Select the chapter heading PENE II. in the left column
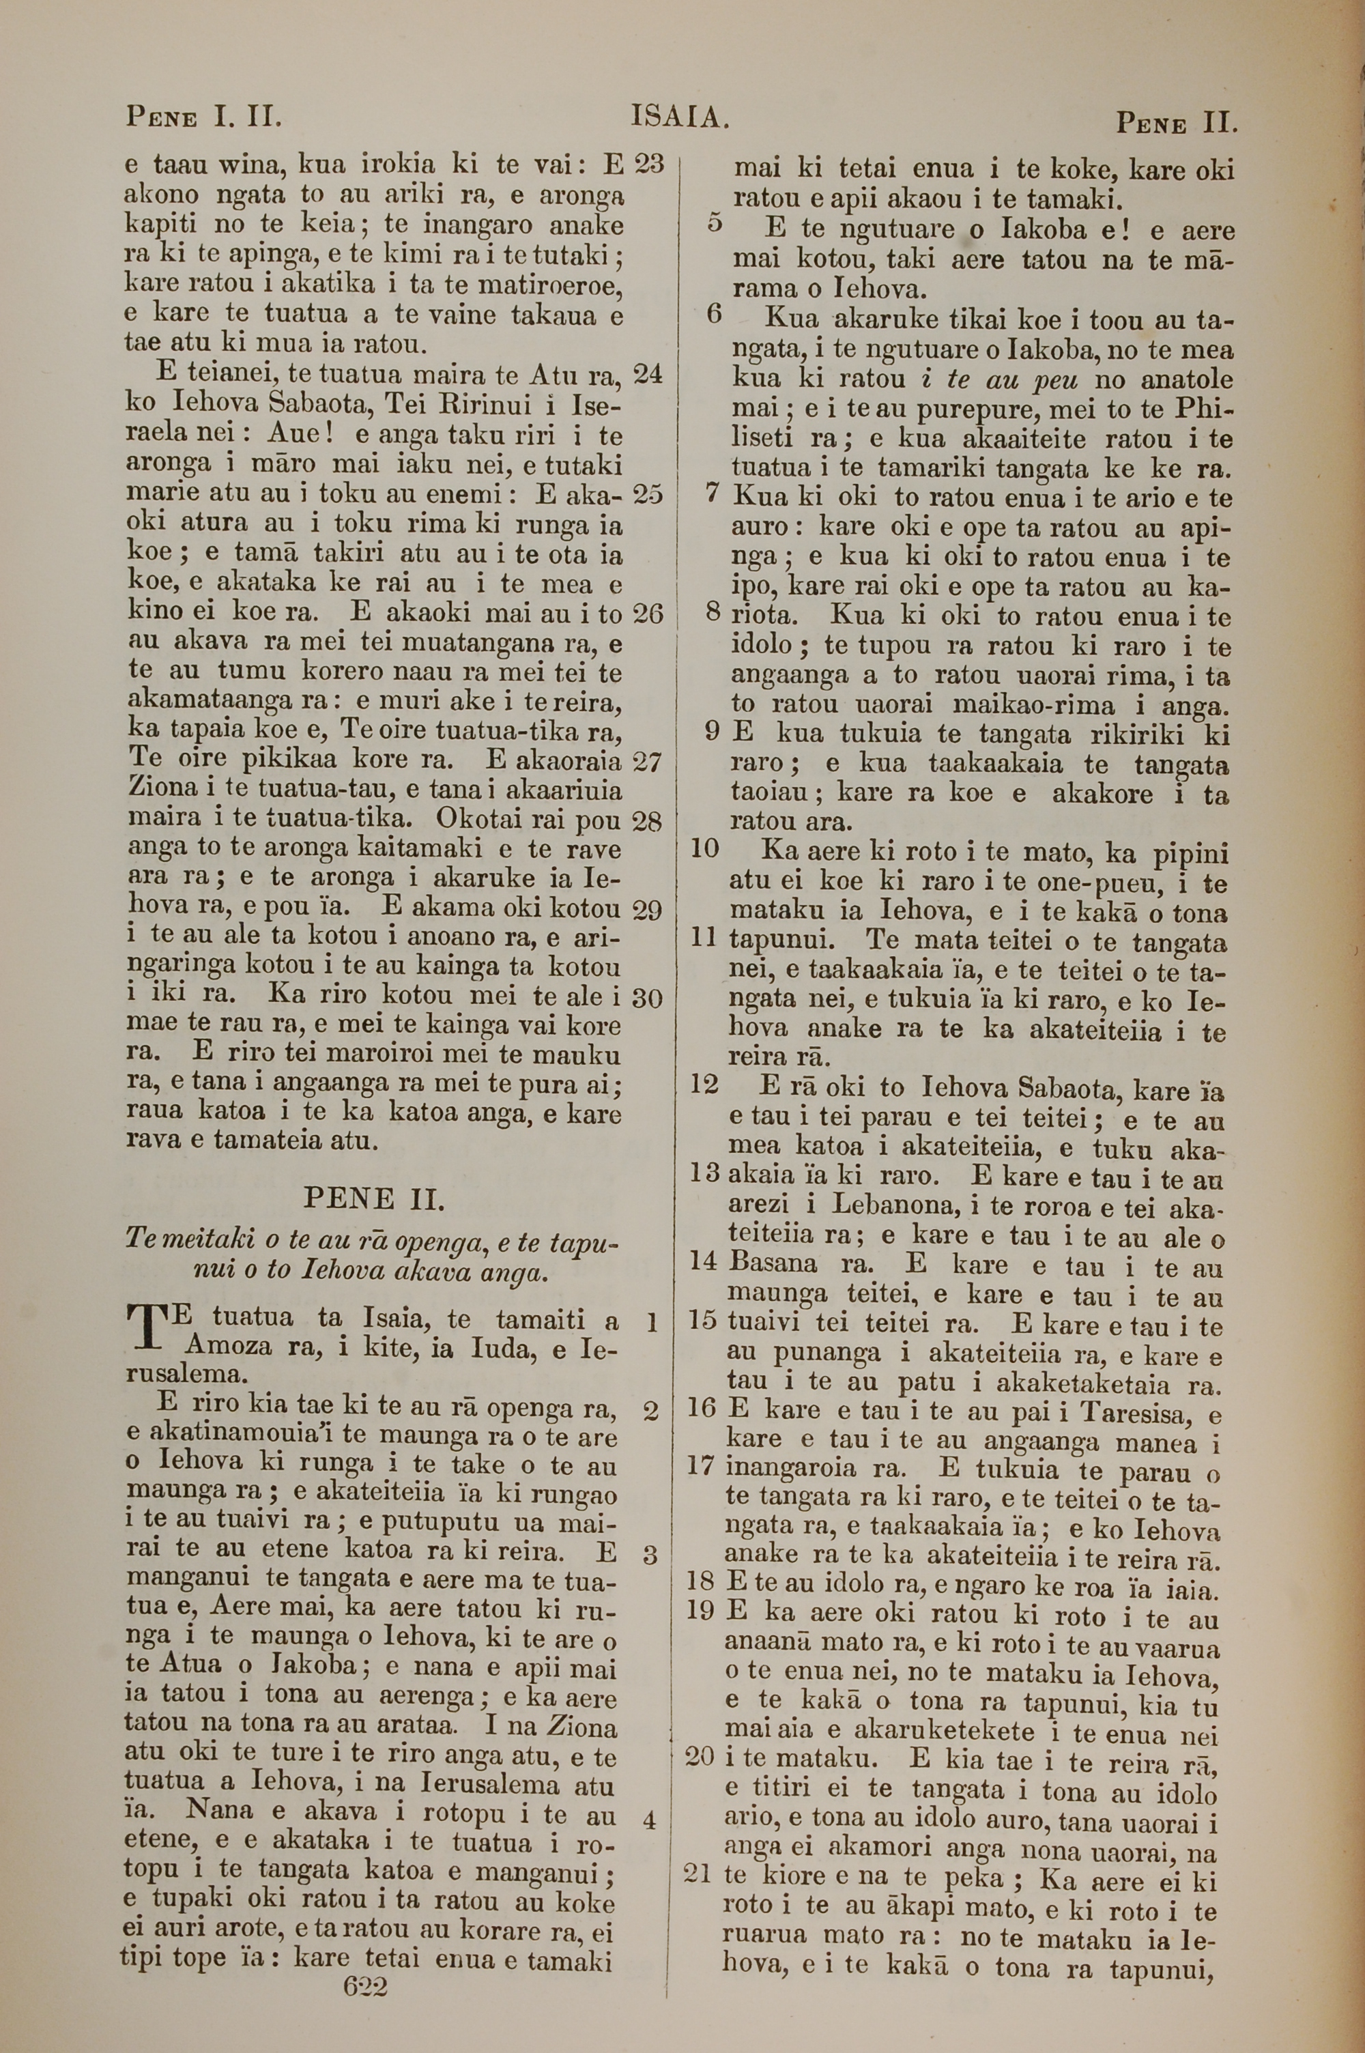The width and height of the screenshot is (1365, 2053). (x=374, y=1199)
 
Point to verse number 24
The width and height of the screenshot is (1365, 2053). (x=648, y=373)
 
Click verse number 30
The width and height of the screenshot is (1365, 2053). (x=648, y=997)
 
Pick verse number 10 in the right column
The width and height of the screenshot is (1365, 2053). (x=704, y=848)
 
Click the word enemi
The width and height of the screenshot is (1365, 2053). (x=461, y=494)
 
